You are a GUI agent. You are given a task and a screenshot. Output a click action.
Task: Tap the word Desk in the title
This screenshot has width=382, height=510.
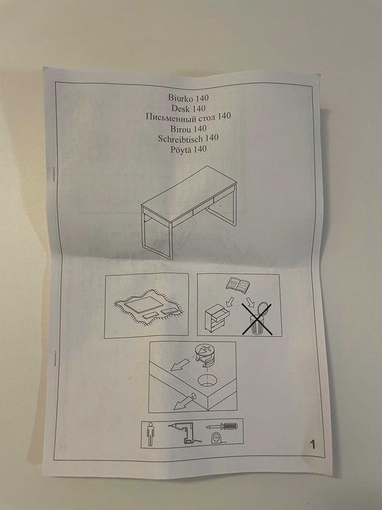click(x=180, y=108)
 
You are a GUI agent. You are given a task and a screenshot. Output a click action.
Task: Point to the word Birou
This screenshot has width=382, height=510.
click(x=180, y=129)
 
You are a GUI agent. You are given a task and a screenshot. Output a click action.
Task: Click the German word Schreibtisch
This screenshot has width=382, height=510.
click(x=180, y=138)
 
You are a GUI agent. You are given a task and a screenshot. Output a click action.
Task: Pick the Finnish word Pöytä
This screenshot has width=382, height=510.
click(x=180, y=149)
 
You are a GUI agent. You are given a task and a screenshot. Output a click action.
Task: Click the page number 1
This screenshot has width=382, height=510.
click(x=312, y=444)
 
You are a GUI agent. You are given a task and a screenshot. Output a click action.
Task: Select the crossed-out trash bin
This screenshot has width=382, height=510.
click(x=257, y=319)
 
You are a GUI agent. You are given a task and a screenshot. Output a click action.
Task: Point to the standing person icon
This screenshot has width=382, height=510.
click(x=150, y=434)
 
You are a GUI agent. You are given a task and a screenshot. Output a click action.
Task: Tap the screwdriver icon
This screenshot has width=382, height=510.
click(x=221, y=426)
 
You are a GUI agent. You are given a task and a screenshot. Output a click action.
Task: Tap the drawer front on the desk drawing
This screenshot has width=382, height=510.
click(x=202, y=210)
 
